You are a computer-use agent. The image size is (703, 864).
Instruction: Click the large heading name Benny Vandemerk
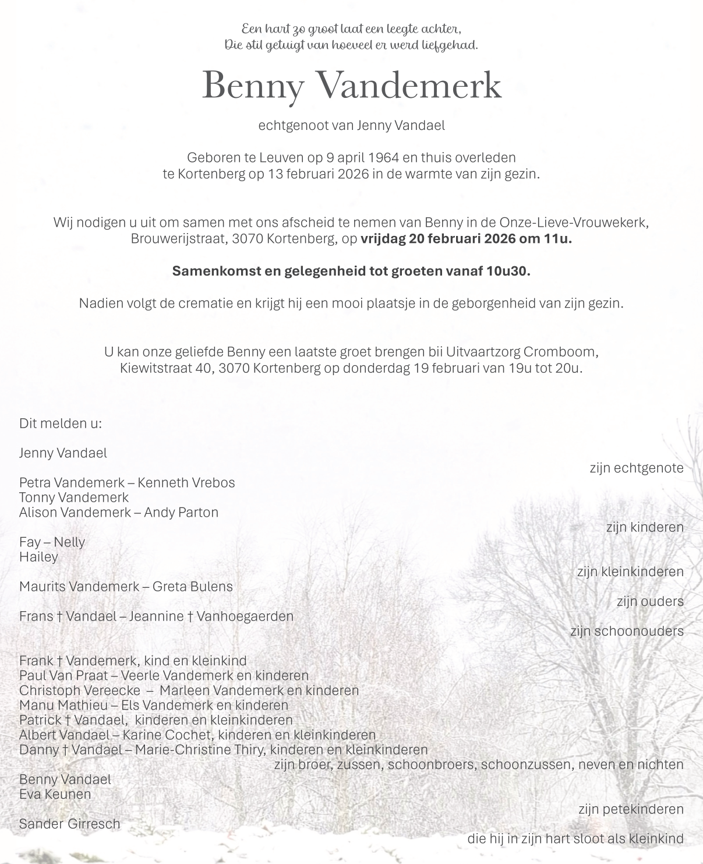(351, 86)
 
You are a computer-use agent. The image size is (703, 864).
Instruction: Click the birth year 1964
(384, 157)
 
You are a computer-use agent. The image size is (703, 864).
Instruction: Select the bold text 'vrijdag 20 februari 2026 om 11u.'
(466, 238)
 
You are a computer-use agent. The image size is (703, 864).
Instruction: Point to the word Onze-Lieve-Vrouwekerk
(573, 222)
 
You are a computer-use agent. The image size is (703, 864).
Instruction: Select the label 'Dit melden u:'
(61, 423)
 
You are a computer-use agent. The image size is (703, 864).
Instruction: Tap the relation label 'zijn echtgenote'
(636, 468)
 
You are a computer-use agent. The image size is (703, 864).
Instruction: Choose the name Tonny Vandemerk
(74, 498)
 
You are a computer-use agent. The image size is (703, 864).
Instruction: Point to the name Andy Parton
(181, 512)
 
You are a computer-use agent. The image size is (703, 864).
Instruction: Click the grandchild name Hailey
(39, 557)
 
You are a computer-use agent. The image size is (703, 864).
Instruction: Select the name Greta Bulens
(192, 586)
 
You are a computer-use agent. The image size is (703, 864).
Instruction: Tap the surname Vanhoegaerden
(245, 616)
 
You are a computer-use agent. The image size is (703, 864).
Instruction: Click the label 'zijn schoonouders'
(627, 631)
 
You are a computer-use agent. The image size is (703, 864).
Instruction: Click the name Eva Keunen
(55, 794)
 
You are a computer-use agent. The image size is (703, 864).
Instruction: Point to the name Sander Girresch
(70, 824)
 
